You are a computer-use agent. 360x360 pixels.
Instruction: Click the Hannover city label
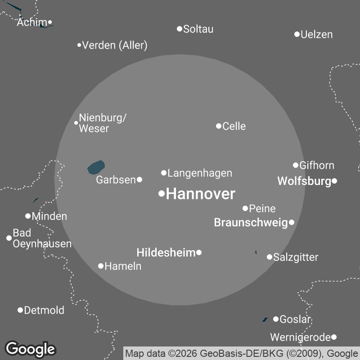click(x=200, y=194)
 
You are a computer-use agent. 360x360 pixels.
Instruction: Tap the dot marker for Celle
click(x=219, y=126)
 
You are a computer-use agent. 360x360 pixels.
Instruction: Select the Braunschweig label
click(x=250, y=222)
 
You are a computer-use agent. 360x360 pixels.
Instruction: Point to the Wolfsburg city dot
click(x=334, y=181)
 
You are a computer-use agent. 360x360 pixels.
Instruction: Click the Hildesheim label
click(x=166, y=252)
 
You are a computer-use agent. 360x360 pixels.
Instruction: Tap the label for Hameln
click(x=123, y=266)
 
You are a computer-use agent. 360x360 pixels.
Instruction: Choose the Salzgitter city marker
click(x=270, y=257)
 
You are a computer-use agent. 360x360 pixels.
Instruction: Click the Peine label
click(x=262, y=208)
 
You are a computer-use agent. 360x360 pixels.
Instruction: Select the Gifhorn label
click(x=317, y=165)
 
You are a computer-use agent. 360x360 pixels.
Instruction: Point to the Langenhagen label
click(x=200, y=173)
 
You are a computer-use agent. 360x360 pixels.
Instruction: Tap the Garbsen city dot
click(x=139, y=180)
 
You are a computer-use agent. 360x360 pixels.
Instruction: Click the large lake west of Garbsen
click(x=96, y=167)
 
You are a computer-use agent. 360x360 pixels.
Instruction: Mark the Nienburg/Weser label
click(x=103, y=123)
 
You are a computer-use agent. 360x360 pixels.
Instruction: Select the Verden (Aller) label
click(x=115, y=45)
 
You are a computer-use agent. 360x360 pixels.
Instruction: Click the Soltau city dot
click(x=180, y=29)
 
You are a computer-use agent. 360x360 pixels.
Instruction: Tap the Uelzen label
click(x=316, y=34)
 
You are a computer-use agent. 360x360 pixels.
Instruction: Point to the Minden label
click(x=49, y=216)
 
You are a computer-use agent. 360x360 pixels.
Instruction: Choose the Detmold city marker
click(x=20, y=310)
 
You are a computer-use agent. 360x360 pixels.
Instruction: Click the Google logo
click(x=30, y=349)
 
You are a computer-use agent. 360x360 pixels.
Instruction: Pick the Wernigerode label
click(x=300, y=337)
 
